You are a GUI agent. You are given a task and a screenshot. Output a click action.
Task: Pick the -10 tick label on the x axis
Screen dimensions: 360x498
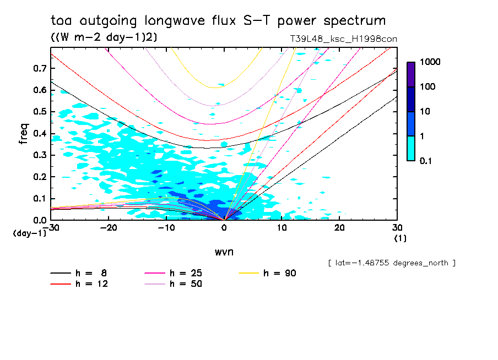point(166,228)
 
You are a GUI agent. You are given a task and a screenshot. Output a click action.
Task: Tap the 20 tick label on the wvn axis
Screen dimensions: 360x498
point(339,228)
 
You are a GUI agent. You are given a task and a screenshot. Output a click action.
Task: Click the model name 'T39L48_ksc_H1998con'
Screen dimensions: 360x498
point(343,39)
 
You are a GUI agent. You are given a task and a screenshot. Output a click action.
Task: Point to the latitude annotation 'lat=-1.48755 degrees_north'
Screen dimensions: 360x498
point(392,263)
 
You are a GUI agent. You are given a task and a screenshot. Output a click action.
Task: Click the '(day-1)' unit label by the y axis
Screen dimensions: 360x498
point(30,233)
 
